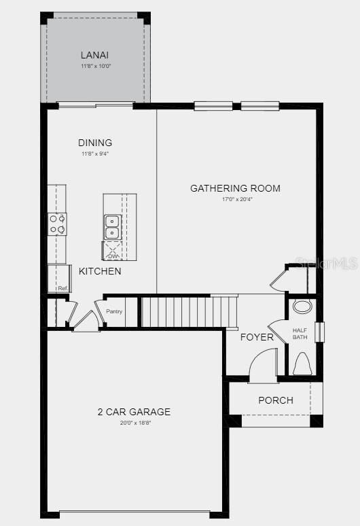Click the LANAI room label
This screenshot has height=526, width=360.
coord(95,55)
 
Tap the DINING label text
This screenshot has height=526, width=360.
coord(95,143)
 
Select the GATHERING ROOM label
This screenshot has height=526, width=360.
coord(235,188)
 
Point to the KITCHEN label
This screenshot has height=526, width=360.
coord(100,271)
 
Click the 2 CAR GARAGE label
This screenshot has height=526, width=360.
coord(134,412)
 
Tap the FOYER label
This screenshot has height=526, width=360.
coord(257,337)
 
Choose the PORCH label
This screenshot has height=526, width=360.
coord(276,400)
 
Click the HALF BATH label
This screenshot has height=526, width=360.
coord(300,334)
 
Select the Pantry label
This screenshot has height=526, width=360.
coord(114,312)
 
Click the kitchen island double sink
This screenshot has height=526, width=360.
coord(113,227)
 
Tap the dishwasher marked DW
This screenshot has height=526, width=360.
coord(113,251)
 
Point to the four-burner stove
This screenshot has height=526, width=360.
coord(57,224)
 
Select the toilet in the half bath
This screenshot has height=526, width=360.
coord(302,364)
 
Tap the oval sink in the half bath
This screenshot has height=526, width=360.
coord(302,306)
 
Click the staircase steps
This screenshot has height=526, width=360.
coord(188,311)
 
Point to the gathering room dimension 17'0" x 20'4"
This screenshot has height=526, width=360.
coord(235,199)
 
